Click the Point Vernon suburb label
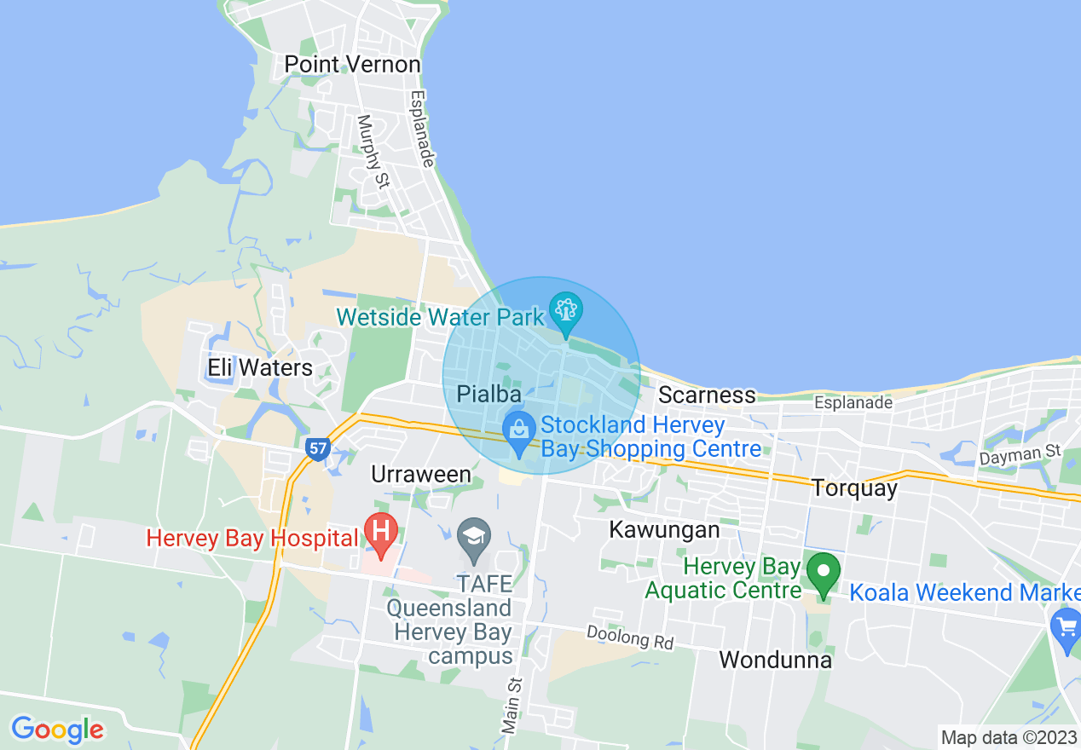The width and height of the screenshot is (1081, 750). coord(352,65)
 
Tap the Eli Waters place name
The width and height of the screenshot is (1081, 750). coord(260,368)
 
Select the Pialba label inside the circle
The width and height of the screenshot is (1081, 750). coord(488,395)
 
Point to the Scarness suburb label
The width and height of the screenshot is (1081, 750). coord(707,395)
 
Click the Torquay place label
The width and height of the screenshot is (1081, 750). coord(854,488)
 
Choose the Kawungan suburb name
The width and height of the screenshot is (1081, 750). coord(664,530)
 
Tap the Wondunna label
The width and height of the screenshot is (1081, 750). coord(775,660)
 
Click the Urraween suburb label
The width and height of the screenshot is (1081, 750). coord(421,475)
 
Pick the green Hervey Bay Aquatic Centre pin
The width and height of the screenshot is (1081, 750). coord(823,573)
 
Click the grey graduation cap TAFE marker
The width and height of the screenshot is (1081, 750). coord(472,537)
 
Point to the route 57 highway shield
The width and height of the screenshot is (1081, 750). coord(318,447)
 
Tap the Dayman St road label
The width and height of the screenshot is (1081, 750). coord(1020,456)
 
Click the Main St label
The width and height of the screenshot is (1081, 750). coord(512,706)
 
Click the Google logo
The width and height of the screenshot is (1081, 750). coord(57,730)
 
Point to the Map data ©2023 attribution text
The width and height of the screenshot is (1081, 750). coord(1009,737)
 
